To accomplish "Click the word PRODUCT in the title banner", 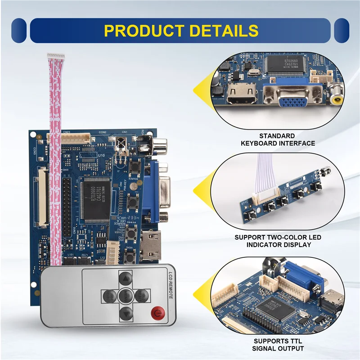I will point(144,31).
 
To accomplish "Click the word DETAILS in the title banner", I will point(224,31).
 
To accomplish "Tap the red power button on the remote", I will point(157,312).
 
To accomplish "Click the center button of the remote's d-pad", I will point(125,296).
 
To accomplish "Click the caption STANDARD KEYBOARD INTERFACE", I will point(278,139).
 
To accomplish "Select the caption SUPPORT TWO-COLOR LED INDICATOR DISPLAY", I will point(278,241).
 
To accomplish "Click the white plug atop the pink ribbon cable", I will point(56,56).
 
